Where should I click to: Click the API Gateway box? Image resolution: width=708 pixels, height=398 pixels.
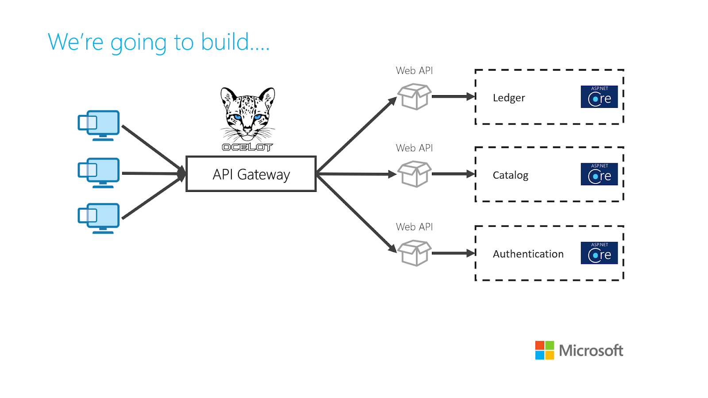tap(251, 174)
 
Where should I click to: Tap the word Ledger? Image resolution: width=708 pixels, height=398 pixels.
tap(508, 98)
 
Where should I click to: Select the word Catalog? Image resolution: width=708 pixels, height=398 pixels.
tap(511, 175)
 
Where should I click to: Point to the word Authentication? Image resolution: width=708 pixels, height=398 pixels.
tap(528, 254)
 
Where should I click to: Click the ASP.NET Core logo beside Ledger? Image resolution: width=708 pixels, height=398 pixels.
tap(599, 97)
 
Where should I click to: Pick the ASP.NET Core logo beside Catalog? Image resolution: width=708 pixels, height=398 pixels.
tap(599, 174)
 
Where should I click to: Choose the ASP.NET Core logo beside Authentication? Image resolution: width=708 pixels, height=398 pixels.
tap(599, 253)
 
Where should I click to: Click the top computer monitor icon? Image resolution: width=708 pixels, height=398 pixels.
tap(99, 126)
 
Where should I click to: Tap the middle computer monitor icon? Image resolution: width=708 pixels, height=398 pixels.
tap(99, 173)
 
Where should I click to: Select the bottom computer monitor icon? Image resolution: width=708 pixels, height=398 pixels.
tap(99, 218)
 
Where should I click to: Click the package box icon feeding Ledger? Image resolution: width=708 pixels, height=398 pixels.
tap(414, 96)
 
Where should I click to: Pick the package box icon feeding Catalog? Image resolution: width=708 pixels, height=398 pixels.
tap(414, 174)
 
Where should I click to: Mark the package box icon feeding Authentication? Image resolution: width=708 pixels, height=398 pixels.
tap(414, 253)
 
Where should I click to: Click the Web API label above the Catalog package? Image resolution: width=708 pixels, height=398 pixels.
tap(414, 148)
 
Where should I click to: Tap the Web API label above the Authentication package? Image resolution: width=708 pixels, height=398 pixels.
tap(414, 227)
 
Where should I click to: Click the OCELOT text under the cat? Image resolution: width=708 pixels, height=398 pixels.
tap(247, 147)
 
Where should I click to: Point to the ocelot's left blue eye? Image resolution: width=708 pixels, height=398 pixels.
tap(237, 118)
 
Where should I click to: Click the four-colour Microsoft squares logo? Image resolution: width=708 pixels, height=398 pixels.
tap(545, 350)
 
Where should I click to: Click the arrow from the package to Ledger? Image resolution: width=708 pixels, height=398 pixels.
tap(454, 96)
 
